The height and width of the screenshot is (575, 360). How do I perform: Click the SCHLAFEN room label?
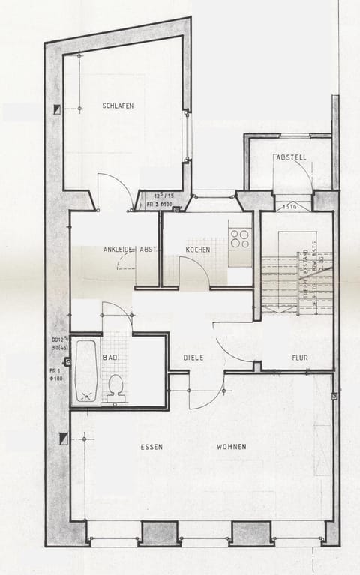(118, 106)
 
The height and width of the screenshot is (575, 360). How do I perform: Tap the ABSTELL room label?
(291, 158)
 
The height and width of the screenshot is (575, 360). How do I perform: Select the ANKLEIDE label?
(118, 250)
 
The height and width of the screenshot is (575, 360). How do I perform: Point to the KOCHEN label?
(198, 250)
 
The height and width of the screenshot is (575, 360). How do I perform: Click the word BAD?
(110, 358)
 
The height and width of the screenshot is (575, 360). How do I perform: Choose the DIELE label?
(193, 358)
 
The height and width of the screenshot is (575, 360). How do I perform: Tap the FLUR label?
(300, 358)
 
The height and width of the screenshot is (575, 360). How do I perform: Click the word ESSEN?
(151, 447)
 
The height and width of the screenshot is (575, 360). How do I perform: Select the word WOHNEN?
(231, 447)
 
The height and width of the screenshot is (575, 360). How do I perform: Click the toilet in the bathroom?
(115, 387)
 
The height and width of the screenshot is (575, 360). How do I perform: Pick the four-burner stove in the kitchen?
(240, 238)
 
